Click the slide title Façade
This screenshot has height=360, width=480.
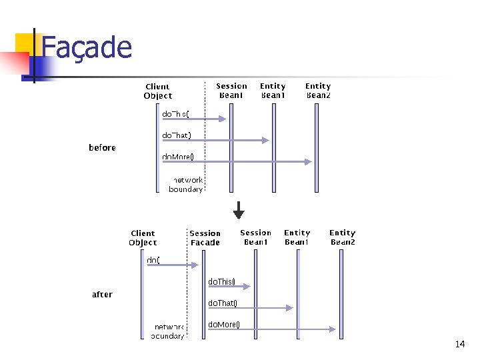tap(87, 48)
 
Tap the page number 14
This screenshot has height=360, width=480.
tap(459, 344)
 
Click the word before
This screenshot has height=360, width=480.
tap(102, 147)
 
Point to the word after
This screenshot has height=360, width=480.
tap(102, 294)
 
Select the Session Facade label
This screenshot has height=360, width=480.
tap(205, 238)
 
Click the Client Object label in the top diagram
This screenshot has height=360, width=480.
tap(157, 91)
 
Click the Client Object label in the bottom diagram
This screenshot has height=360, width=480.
tap(143, 237)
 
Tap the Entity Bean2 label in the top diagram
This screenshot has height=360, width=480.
tap(318, 90)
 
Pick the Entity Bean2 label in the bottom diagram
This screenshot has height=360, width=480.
tap(343, 237)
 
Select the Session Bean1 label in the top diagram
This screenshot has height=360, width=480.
tap(231, 90)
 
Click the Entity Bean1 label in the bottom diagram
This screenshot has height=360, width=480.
tap(297, 237)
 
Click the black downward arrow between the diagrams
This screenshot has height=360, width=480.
tap(239, 211)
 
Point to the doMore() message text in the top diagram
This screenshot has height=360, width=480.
tap(178, 157)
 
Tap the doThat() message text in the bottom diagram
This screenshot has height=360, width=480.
tap(223, 303)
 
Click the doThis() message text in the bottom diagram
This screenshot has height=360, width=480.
tap(221, 282)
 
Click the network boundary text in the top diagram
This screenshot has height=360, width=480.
tap(186, 185)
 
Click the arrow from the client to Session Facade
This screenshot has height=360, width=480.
tap(172, 265)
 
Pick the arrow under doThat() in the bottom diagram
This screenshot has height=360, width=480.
tap(250, 308)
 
